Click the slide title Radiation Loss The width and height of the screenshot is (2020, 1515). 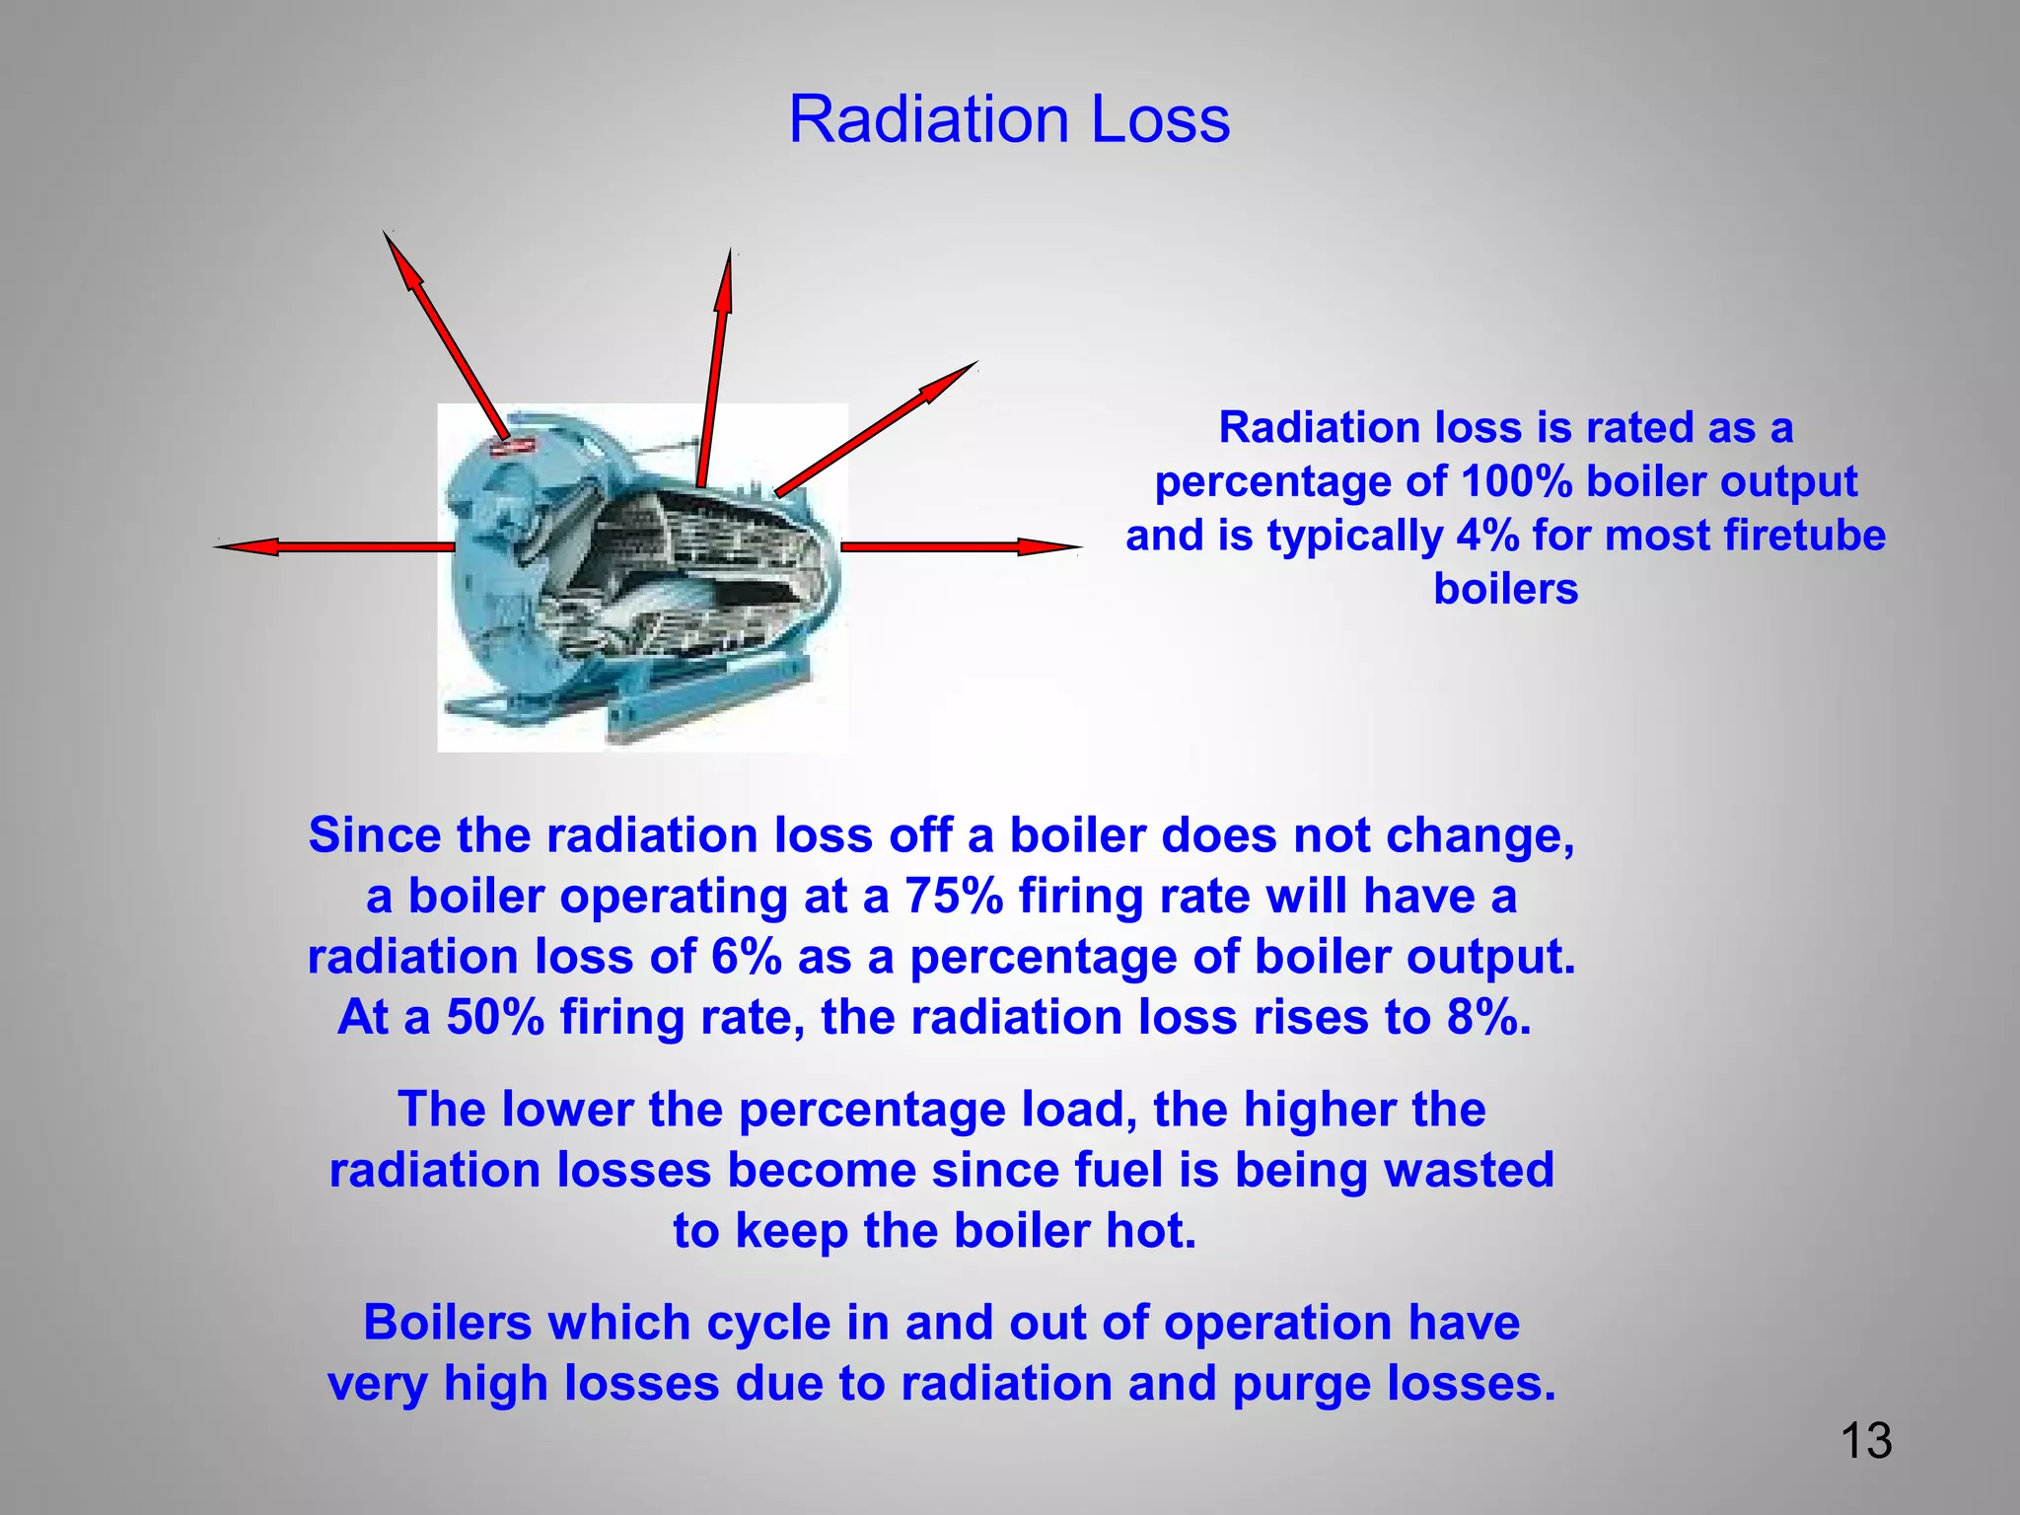[1009, 120]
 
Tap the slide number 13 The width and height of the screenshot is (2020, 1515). [1865, 1441]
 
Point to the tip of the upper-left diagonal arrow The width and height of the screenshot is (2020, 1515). [386, 235]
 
